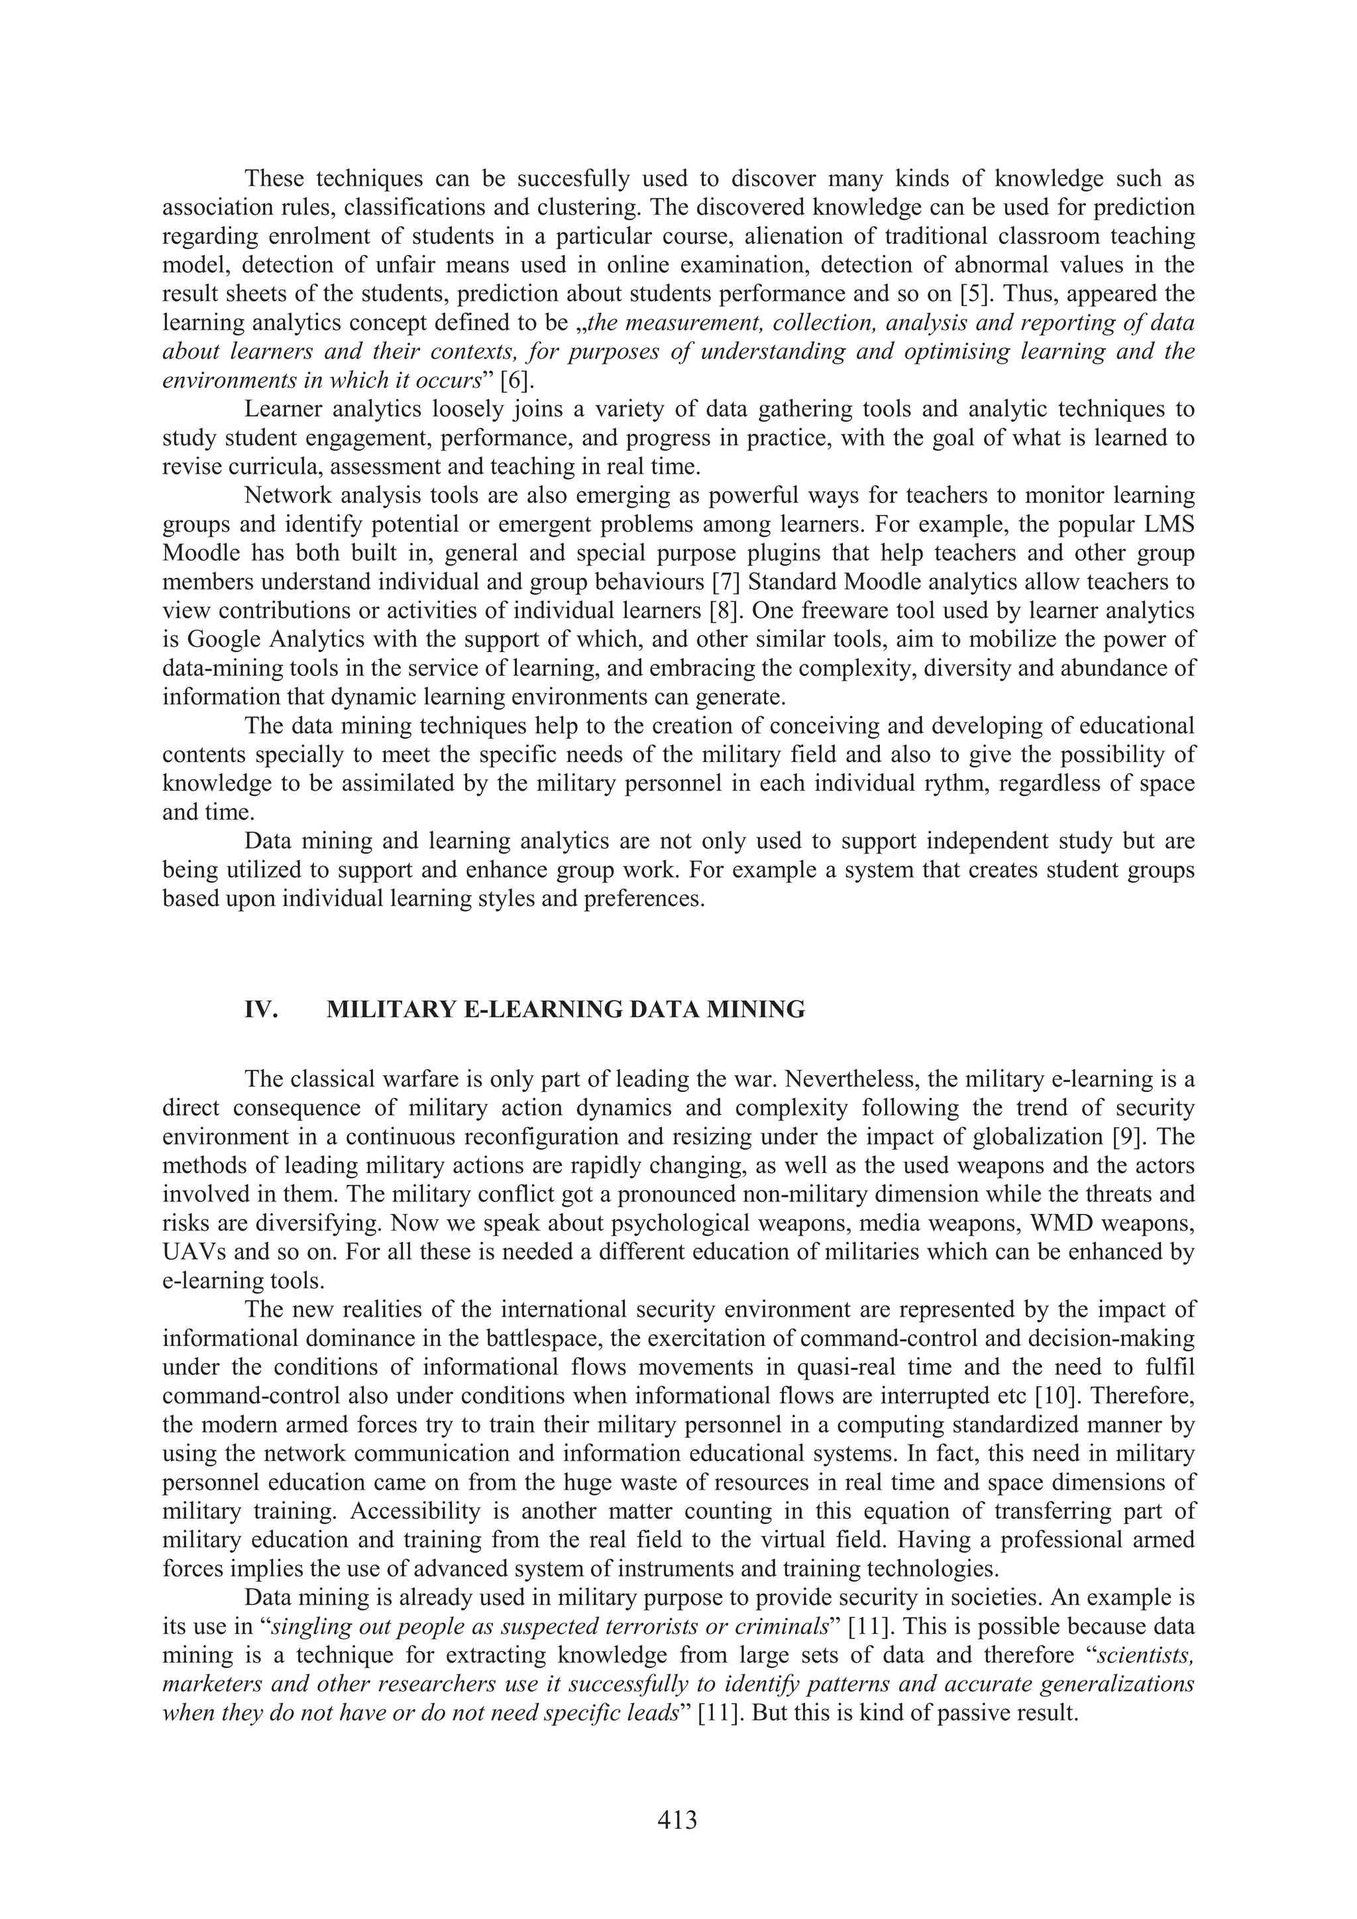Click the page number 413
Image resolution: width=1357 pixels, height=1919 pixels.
tap(677, 1819)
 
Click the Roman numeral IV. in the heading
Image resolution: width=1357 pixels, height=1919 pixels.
tap(260, 1010)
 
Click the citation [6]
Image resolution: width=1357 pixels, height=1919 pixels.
tap(516, 380)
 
